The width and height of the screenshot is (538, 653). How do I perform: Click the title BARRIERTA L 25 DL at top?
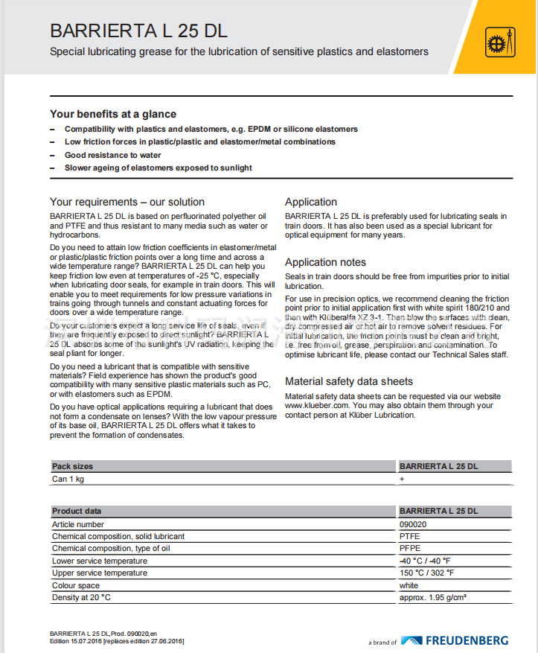coord(138,31)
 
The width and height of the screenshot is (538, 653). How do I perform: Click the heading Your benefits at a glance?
coord(113,114)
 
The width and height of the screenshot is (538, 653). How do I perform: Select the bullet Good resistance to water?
coord(112,155)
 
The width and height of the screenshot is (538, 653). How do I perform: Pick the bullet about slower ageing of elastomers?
coord(158,168)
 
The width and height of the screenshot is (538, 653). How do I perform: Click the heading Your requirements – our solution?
coord(127,202)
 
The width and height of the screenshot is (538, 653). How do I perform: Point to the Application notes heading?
coord(325,262)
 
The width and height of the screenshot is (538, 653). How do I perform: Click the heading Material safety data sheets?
coord(348,381)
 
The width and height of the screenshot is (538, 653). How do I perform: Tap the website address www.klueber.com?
coord(316,406)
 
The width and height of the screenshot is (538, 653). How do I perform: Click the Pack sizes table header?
coord(73,466)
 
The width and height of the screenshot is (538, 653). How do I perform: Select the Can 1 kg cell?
coord(68,479)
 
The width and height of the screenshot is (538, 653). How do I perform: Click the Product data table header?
coord(77,511)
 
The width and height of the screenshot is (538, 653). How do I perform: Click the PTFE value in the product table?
coord(409,536)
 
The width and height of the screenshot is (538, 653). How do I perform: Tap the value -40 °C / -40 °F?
coord(426,561)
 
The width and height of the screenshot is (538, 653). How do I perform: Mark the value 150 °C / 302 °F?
coord(427,573)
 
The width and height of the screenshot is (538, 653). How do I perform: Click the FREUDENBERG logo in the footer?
coord(455,640)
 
